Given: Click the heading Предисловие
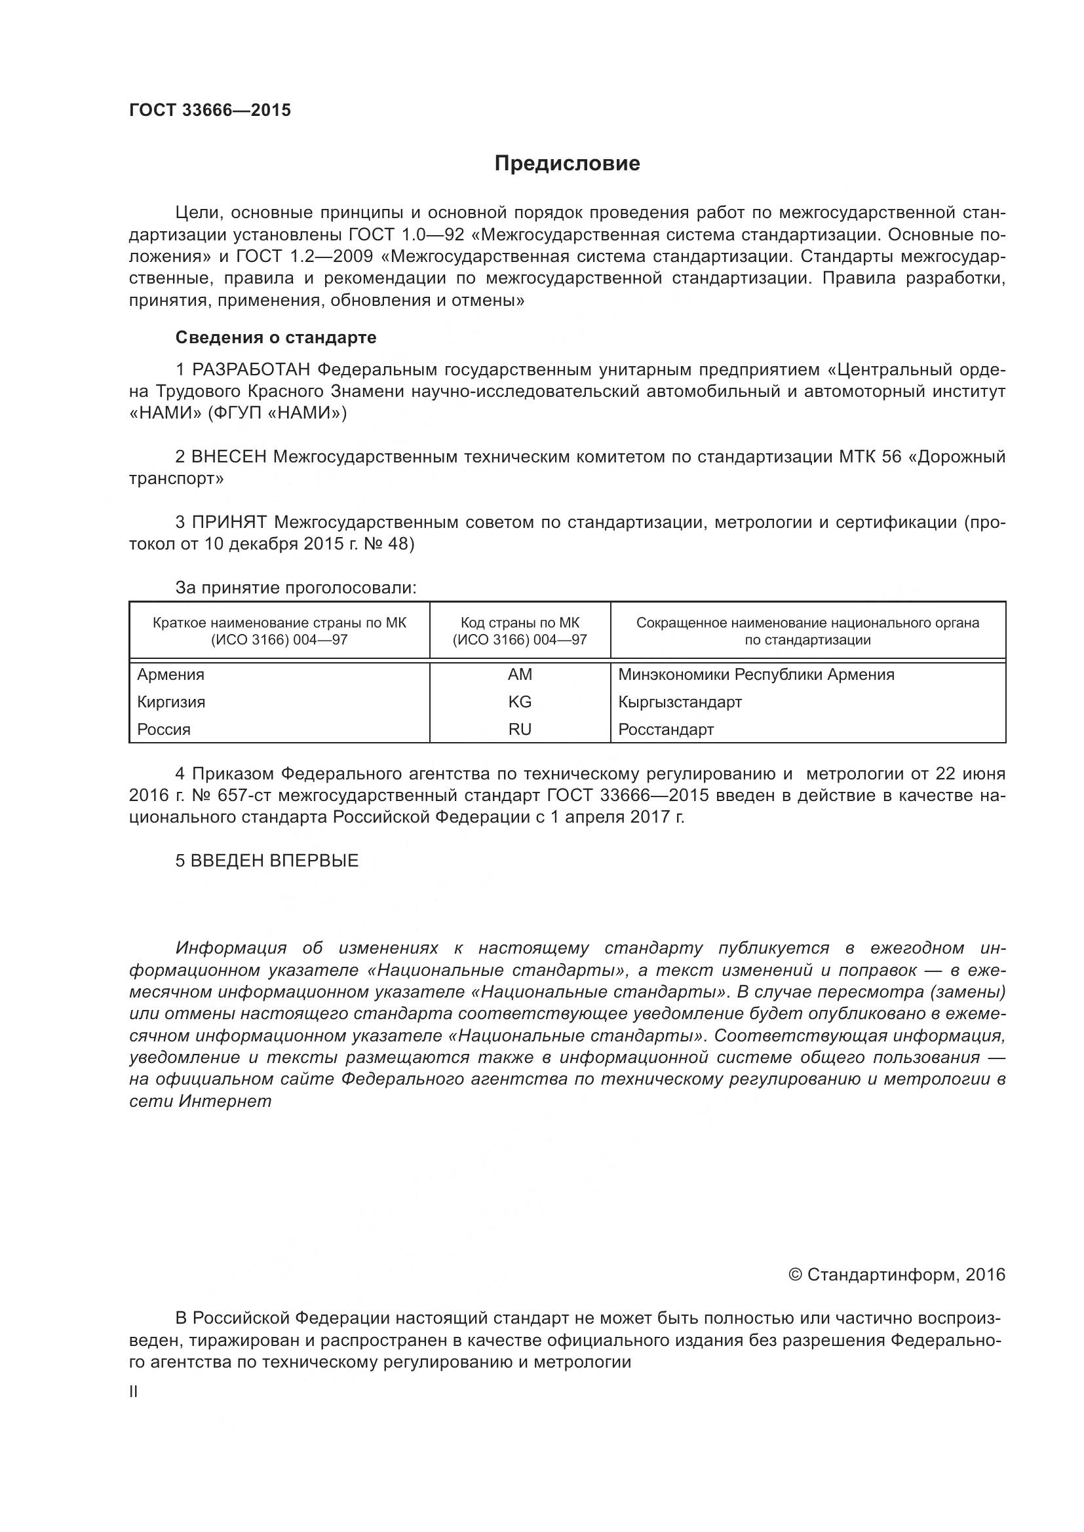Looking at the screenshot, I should tap(567, 164).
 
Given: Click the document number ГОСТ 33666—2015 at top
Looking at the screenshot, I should tap(210, 111).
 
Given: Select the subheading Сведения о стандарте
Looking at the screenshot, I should tap(276, 337).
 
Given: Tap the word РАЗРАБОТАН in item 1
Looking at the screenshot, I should tap(252, 369).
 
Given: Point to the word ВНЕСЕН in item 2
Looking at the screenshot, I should tap(229, 457).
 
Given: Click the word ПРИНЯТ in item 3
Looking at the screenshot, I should tap(229, 523).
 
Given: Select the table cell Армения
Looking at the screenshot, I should tap(171, 675).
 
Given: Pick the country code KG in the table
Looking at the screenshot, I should tap(519, 702).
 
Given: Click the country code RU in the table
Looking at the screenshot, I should tap(519, 729).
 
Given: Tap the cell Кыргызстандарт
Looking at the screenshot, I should tap(680, 702).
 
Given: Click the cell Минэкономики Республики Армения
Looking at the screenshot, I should tap(756, 675).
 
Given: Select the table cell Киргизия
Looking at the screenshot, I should tap(171, 702).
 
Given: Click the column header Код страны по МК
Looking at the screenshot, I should tap(519, 623).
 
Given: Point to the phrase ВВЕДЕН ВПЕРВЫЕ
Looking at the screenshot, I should tap(275, 861).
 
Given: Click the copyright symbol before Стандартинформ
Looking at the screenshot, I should tap(795, 1275).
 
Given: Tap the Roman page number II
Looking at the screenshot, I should tap(134, 1392).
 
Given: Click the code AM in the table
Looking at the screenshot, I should tap(519, 675).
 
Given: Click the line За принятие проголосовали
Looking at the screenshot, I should tap(296, 588).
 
